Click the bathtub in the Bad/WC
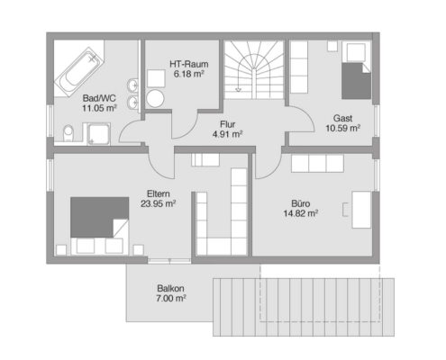pos(79,71)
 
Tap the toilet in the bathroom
pos(68,133)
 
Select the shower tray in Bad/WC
pos(98,134)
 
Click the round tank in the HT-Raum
pos(155,98)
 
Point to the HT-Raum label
pos(189,64)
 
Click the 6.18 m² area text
pos(189,74)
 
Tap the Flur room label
pos(227,124)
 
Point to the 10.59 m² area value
pos(343,128)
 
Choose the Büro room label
pos(301,203)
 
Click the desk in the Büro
pos(361,210)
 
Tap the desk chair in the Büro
pos(345,210)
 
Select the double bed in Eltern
pos(100,226)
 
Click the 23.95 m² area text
pos(159,203)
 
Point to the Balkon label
pos(170,289)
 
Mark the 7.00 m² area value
pos(170,299)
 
